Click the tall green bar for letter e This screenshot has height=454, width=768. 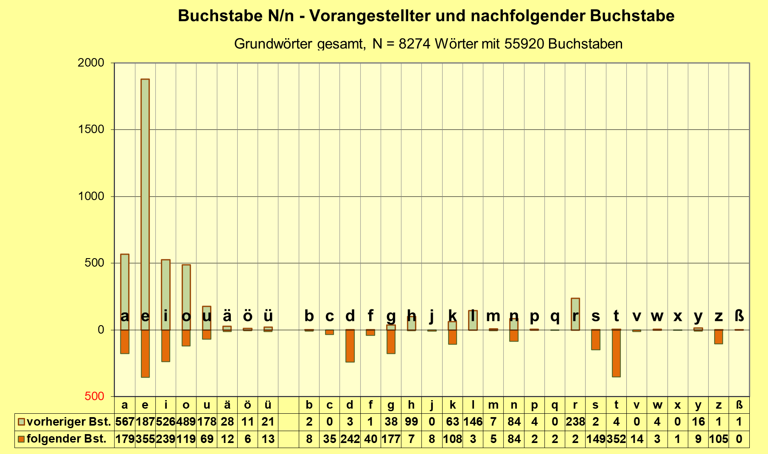(145, 203)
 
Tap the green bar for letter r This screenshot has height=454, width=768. (575, 314)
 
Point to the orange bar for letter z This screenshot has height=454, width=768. (718, 337)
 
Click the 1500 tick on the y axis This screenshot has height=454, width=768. (91, 130)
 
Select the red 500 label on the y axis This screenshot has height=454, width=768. (94, 396)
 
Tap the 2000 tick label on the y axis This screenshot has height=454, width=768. (91, 63)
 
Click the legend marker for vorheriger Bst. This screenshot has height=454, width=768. (22, 422)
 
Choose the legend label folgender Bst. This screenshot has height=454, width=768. (67, 439)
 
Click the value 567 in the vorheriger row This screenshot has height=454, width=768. (125, 422)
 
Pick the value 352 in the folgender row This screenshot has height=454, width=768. (616, 439)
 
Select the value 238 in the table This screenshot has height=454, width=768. (575, 422)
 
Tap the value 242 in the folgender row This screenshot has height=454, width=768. (350, 439)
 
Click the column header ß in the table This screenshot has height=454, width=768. (739, 405)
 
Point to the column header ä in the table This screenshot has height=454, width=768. (227, 405)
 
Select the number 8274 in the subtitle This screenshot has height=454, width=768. (415, 44)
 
